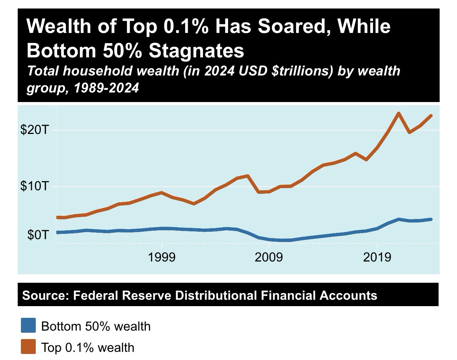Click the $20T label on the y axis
[34, 130]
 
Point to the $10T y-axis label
[34, 186]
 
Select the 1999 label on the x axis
[162, 257]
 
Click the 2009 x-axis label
[269, 257]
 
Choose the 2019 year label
[377, 257]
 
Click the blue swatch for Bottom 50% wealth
[28, 325]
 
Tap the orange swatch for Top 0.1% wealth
[28, 347]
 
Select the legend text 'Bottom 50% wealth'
[96, 326]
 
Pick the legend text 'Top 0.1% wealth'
[88, 347]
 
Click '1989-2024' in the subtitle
[106, 88]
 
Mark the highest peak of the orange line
[399, 113]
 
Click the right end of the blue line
[431, 219]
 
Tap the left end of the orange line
[57, 217]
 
